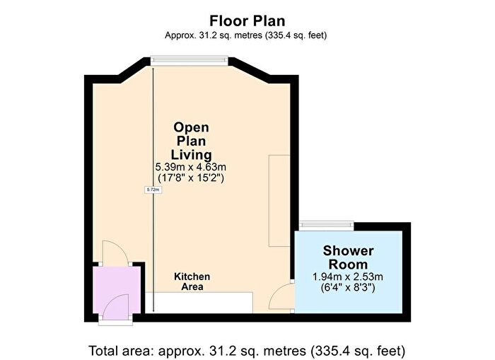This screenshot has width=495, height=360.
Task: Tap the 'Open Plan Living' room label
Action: [192, 141]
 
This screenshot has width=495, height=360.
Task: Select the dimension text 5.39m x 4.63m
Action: [191, 167]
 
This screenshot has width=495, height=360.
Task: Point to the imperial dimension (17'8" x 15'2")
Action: [191, 178]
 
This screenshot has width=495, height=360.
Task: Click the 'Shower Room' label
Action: [348, 257]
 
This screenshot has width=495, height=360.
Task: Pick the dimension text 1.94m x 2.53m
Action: [348, 277]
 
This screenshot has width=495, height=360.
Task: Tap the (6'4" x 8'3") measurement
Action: [348, 288]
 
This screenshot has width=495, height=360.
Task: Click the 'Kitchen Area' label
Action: [192, 281]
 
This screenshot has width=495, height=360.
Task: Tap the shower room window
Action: [327, 225]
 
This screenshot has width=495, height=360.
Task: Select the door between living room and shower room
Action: [285, 296]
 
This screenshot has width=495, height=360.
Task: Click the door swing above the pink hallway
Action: [113, 251]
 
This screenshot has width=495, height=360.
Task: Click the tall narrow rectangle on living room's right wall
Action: [279, 201]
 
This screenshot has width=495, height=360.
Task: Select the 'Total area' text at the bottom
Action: [247, 349]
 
